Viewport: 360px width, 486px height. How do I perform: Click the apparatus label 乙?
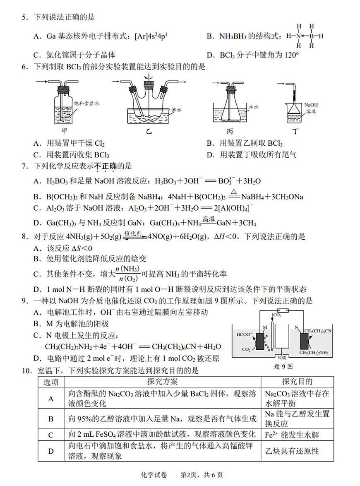[148, 132]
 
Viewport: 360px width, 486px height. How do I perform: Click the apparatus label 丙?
[230, 132]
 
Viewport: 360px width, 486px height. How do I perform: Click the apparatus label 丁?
[295, 132]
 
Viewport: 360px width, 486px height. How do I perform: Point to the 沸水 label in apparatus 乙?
[176, 110]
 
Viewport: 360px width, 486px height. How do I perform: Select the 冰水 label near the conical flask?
[253, 107]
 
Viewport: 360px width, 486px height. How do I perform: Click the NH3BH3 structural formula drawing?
[305, 36]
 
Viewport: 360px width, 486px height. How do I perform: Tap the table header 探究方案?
[162, 381]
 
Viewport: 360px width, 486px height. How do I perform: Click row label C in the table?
[51, 435]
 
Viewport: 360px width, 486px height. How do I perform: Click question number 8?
[24, 237]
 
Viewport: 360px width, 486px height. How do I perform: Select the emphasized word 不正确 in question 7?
[105, 166]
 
